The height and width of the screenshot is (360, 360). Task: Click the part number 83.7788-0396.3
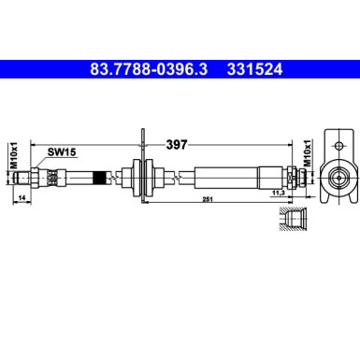[149, 68]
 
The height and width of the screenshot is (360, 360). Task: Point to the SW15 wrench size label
[62, 148]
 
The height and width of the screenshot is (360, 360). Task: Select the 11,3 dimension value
[277, 193]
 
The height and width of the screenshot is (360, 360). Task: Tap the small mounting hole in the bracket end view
[334, 144]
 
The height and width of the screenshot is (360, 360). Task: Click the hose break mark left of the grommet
[112, 174]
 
